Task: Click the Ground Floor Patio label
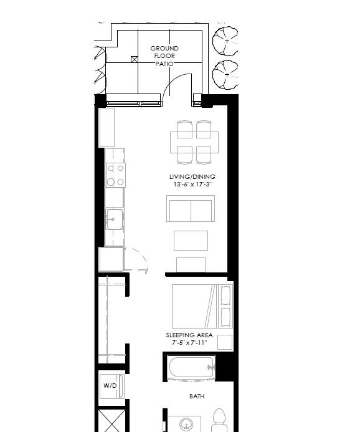pos(164,56)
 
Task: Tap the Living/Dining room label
pos(192,176)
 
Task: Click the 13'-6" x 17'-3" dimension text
pos(192,185)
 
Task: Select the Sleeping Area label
pos(189,335)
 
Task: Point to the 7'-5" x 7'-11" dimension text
pos(189,343)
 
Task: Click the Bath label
pos(197,396)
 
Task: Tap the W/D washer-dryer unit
pos(111,386)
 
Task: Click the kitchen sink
pos(115,219)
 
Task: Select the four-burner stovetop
pos(116,175)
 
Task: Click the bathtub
pos(191,367)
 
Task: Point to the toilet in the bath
pos(220,420)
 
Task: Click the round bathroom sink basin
pos(186,425)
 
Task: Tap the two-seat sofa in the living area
pos(191,209)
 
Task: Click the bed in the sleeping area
pos(202,306)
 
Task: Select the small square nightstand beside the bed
pos(225,342)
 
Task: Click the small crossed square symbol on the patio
pos(135,59)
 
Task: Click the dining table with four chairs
pos(194,142)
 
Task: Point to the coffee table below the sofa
pos(191,241)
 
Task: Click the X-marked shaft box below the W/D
pos(112,421)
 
